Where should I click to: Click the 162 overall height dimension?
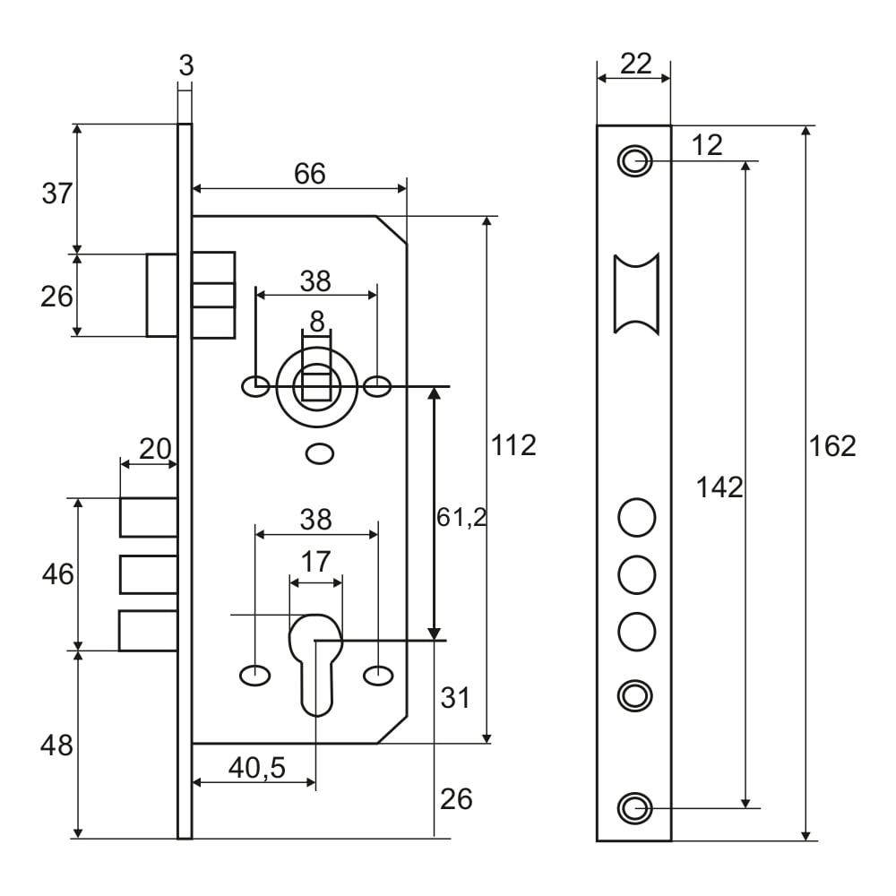(832, 445)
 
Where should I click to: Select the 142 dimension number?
(719, 487)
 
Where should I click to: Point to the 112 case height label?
(513, 444)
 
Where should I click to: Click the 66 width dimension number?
(310, 174)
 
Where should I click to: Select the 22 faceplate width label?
(634, 64)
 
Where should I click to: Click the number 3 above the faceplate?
(185, 65)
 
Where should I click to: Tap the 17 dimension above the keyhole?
(315, 562)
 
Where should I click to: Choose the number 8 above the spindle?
(316, 322)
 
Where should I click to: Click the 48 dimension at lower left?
(57, 745)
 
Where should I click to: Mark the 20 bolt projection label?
(155, 449)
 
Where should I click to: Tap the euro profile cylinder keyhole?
(316, 659)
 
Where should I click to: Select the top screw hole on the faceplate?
(634, 161)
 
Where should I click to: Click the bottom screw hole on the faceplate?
(635, 807)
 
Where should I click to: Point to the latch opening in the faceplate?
(636, 293)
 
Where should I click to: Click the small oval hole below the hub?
(318, 454)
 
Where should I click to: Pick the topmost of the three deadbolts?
(149, 517)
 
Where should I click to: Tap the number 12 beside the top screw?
(707, 144)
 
